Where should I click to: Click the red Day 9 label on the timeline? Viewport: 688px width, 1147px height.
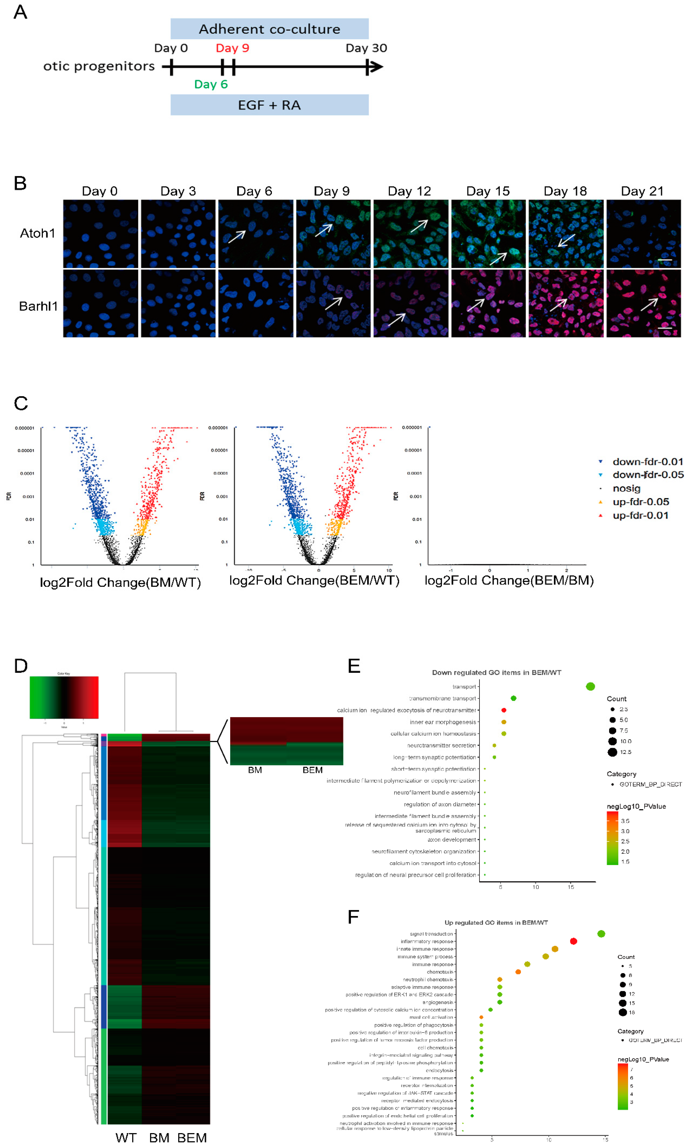[232, 48]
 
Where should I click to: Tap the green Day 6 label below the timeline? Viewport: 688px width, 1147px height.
[211, 84]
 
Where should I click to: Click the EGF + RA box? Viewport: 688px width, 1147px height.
[269, 105]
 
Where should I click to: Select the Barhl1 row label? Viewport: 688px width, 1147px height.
[38, 306]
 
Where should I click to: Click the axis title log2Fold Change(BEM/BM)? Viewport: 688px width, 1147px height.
[509, 581]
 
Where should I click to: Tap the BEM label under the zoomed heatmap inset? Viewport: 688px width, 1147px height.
[312, 770]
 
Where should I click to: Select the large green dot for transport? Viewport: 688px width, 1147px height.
[590, 687]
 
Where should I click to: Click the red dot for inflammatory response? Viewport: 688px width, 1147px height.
[573, 941]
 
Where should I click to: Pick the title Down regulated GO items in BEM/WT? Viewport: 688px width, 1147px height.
[496, 673]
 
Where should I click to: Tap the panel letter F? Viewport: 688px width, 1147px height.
[353, 917]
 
